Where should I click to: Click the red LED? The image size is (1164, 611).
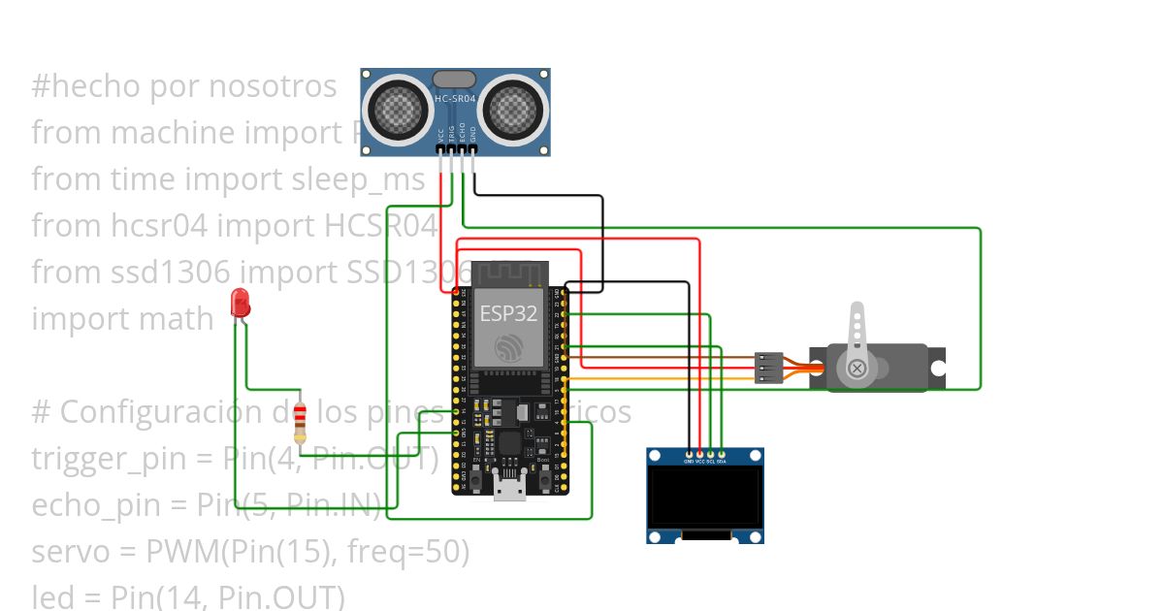click(240, 303)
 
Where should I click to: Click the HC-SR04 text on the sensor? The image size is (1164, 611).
click(455, 99)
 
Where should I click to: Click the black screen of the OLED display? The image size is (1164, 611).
click(704, 498)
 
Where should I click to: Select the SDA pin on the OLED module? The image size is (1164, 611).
click(722, 453)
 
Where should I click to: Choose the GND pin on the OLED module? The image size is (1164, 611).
click(690, 453)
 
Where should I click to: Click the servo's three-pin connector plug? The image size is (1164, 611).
click(768, 368)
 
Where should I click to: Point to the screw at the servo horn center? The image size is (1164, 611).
click(857, 369)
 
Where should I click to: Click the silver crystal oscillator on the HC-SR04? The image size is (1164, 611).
click(454, 79)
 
